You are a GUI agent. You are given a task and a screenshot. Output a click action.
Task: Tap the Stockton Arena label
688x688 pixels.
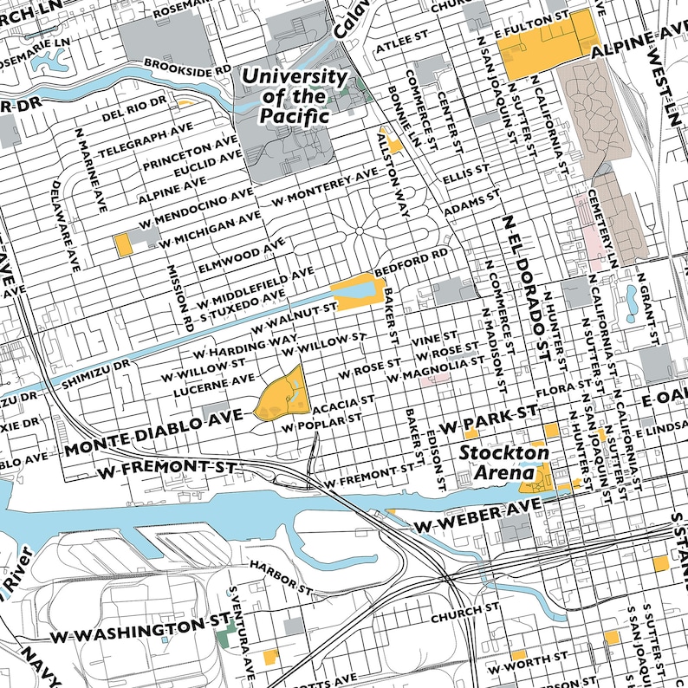pos(503,463)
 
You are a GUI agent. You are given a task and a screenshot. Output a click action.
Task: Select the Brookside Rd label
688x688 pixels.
pos(187,66)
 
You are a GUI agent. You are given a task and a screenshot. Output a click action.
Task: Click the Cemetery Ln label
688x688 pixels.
pos(600,228)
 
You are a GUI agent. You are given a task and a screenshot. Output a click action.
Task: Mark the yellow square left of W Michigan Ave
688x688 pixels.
pos(124,244)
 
